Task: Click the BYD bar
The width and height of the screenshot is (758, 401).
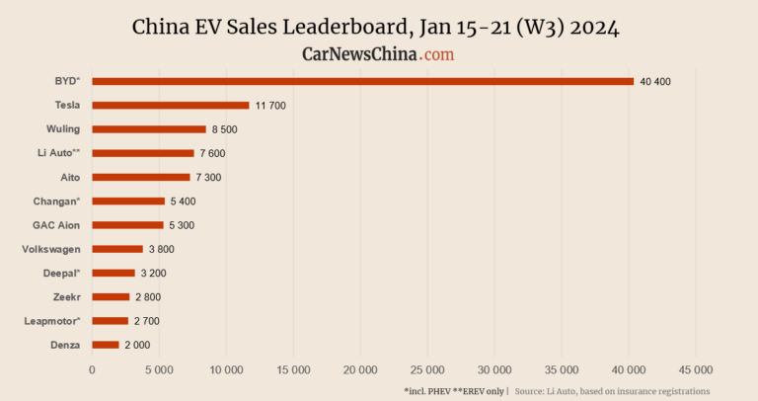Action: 362,81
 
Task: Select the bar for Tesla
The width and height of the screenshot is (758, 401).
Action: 170,105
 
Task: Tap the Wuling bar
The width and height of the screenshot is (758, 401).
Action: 148,129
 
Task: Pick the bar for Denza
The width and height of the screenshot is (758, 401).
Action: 105,345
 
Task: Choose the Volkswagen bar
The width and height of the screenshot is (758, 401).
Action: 116,249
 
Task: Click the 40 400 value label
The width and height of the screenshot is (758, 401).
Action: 655,81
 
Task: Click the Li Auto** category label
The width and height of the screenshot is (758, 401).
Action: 57,153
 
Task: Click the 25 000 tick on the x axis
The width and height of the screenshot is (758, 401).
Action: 427,369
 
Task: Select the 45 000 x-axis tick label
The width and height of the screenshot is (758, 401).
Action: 696,369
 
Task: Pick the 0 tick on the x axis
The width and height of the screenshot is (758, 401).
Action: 92,369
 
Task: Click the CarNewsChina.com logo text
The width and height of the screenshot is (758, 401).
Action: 378,54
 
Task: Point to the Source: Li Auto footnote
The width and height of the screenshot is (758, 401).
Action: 612,391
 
